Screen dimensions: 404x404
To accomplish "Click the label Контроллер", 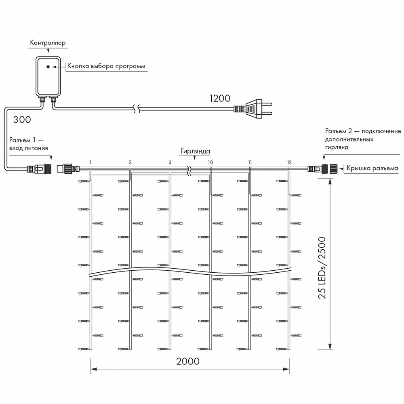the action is (x=48, y=42).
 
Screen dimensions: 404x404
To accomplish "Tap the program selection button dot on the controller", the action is (x=48, y=66).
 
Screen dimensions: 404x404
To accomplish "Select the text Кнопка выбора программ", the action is (x=106, y=66).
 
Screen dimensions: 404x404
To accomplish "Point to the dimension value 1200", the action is (x=219, y=98).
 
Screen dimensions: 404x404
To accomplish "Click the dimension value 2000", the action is (x=188, y=361).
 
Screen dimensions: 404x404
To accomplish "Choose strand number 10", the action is (x=210, y=162).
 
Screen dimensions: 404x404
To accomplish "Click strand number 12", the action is (x=289, y=162).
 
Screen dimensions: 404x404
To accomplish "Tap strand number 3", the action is (x=170, y=162).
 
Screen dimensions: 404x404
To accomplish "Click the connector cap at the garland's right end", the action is (x=334, y=168).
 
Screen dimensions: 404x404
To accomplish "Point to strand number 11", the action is (x=250, y=162).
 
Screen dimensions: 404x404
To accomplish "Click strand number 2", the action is (x=130, y=162).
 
